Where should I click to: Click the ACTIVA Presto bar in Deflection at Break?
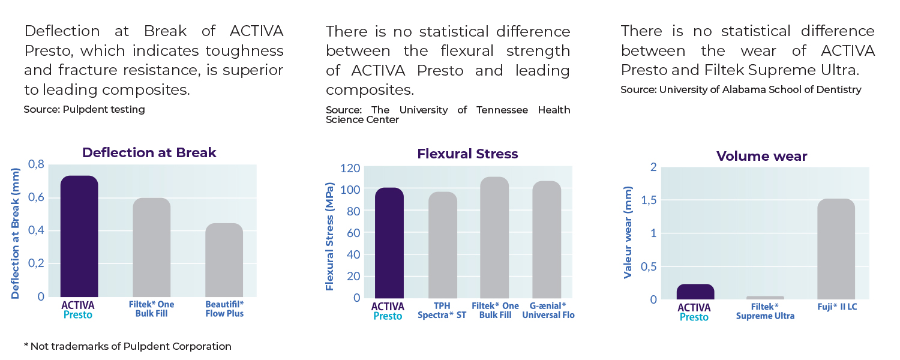coord(79,236)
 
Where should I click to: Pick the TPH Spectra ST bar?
coord(442,245)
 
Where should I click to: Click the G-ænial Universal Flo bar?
coord(547,239)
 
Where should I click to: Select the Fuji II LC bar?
coord(836,249)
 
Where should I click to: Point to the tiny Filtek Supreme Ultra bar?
coord(765,298)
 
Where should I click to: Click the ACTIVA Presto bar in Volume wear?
coord(695,292)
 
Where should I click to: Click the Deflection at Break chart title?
coord(149,152)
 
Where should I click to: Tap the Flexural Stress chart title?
coord(467,154)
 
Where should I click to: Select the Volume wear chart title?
coord(761,157)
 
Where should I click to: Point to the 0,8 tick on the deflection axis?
coord(37,164)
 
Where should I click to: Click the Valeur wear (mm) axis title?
coord(628,233)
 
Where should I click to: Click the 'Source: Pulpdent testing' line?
coord(84,109)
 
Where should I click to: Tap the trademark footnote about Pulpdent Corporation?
coord(127,346)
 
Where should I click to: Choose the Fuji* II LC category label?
coord(836,307)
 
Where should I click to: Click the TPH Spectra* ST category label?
coord(442,310)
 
